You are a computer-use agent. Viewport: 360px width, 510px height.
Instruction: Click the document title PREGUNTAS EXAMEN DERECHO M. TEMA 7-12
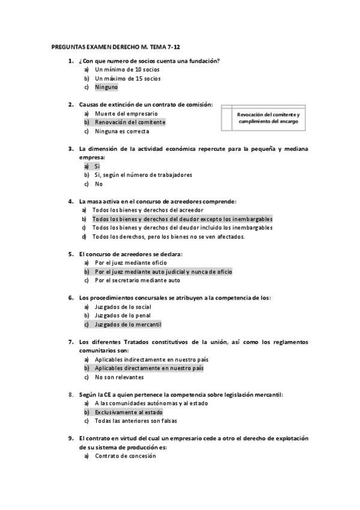pyautogui.click(x=111, y=46)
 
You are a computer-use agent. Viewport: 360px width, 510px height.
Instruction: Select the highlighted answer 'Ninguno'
pyautogui.click(x=106, y=87)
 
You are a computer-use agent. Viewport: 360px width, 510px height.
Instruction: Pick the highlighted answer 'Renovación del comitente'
pyautogui.click(x=130, y=122)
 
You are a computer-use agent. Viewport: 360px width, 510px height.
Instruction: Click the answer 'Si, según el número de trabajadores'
pyautogui.click(x=143, y=175)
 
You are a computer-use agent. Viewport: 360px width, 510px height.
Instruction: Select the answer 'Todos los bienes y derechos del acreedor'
pyautogui.click(x=147, y=210)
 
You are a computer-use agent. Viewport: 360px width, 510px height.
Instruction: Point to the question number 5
pyautogui.click(x=71, y=254)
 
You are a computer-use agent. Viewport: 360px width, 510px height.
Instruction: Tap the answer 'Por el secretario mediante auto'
pyautogui.click(x=137, y=280)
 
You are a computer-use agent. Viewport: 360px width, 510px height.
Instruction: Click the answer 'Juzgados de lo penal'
pyautogui.click(x=123, y=315)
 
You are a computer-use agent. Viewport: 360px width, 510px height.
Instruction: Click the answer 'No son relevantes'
pyautogui.click(x=119, y=377)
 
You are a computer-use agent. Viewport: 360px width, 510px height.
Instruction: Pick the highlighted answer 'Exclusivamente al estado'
pyautogui.click(x=129, y=412)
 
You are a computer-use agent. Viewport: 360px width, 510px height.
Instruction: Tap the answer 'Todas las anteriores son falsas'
pyautogui.click(x=135, y=421)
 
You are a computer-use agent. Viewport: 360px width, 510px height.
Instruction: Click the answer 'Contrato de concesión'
pyautogui.click(x=125, y=456)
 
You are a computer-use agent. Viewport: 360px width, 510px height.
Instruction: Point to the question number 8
pyautogui.click(x=71, y=395)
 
